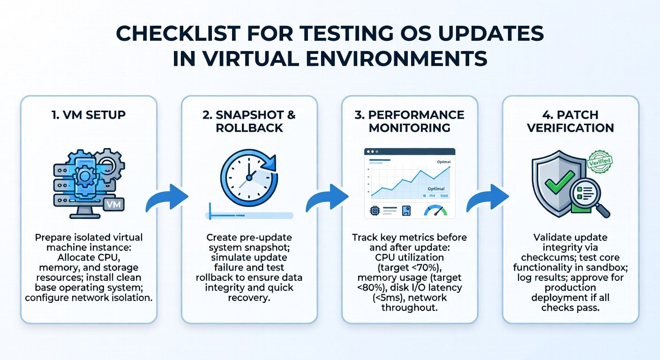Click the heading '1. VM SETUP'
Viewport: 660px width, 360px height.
pos(89,114)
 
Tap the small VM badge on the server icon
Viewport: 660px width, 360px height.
pos(114,204)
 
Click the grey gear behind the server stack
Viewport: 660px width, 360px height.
pos(110,164)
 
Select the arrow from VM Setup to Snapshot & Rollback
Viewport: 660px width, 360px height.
pos(167,197)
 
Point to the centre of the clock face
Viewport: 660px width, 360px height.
pos(249,177)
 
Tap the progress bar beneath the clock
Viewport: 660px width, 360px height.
pos(249,216)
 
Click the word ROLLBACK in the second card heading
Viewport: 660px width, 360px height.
pos(249,128)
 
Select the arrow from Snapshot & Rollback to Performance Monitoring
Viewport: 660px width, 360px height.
pos(327,197)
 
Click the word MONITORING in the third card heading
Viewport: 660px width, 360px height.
pos(410,128)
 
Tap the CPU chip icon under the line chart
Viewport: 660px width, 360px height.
pos(375,211)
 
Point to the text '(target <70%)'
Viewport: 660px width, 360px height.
pos(410,268)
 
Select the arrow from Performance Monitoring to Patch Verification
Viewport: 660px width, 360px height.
pos(487,197)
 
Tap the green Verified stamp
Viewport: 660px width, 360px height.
pos(600,161)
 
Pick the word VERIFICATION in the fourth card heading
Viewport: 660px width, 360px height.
pos(570,128)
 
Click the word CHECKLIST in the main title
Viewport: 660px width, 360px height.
pos(178,33)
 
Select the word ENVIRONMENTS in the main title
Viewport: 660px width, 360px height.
pos(397,59)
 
